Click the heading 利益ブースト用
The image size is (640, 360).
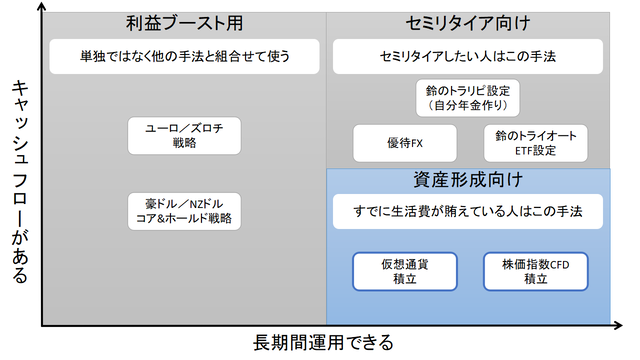(185, 22)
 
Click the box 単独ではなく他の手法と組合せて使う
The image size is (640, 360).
(185, 54)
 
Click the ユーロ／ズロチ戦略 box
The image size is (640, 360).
(185, 135)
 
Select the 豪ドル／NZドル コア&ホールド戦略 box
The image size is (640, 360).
(185, 209)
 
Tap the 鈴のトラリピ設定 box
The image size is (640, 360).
(468, 97)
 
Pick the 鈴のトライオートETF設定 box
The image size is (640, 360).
(535, 143)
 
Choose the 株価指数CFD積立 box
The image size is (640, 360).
(534, 270)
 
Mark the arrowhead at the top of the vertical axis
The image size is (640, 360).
(41, 8)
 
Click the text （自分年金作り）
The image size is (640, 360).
(468, 104)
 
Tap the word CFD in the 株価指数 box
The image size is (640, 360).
(557, 263)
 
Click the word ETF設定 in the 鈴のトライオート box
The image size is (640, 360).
(535, 150)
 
